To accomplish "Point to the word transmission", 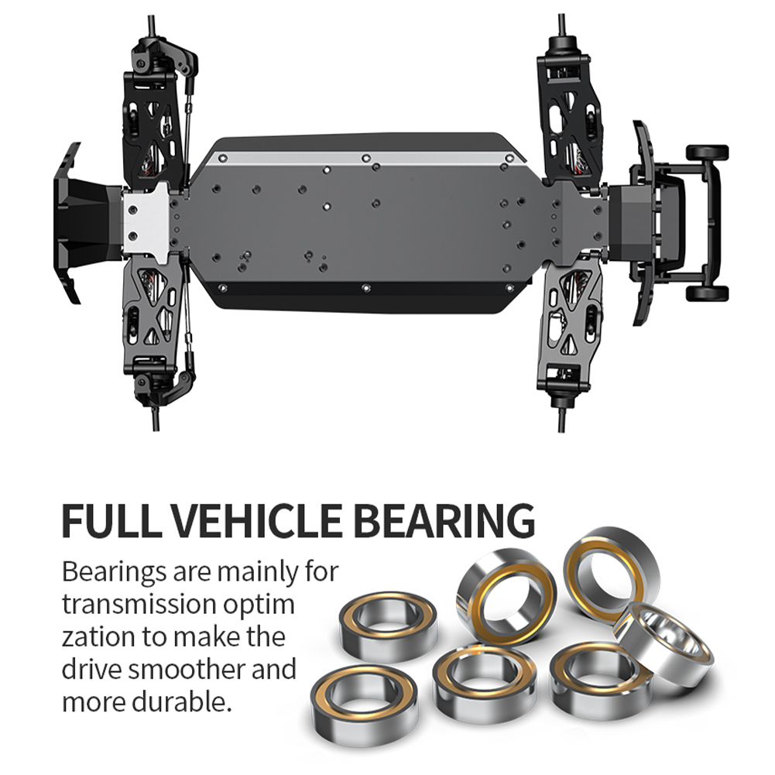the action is [139, 605].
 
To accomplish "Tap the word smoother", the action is [187, 669].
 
